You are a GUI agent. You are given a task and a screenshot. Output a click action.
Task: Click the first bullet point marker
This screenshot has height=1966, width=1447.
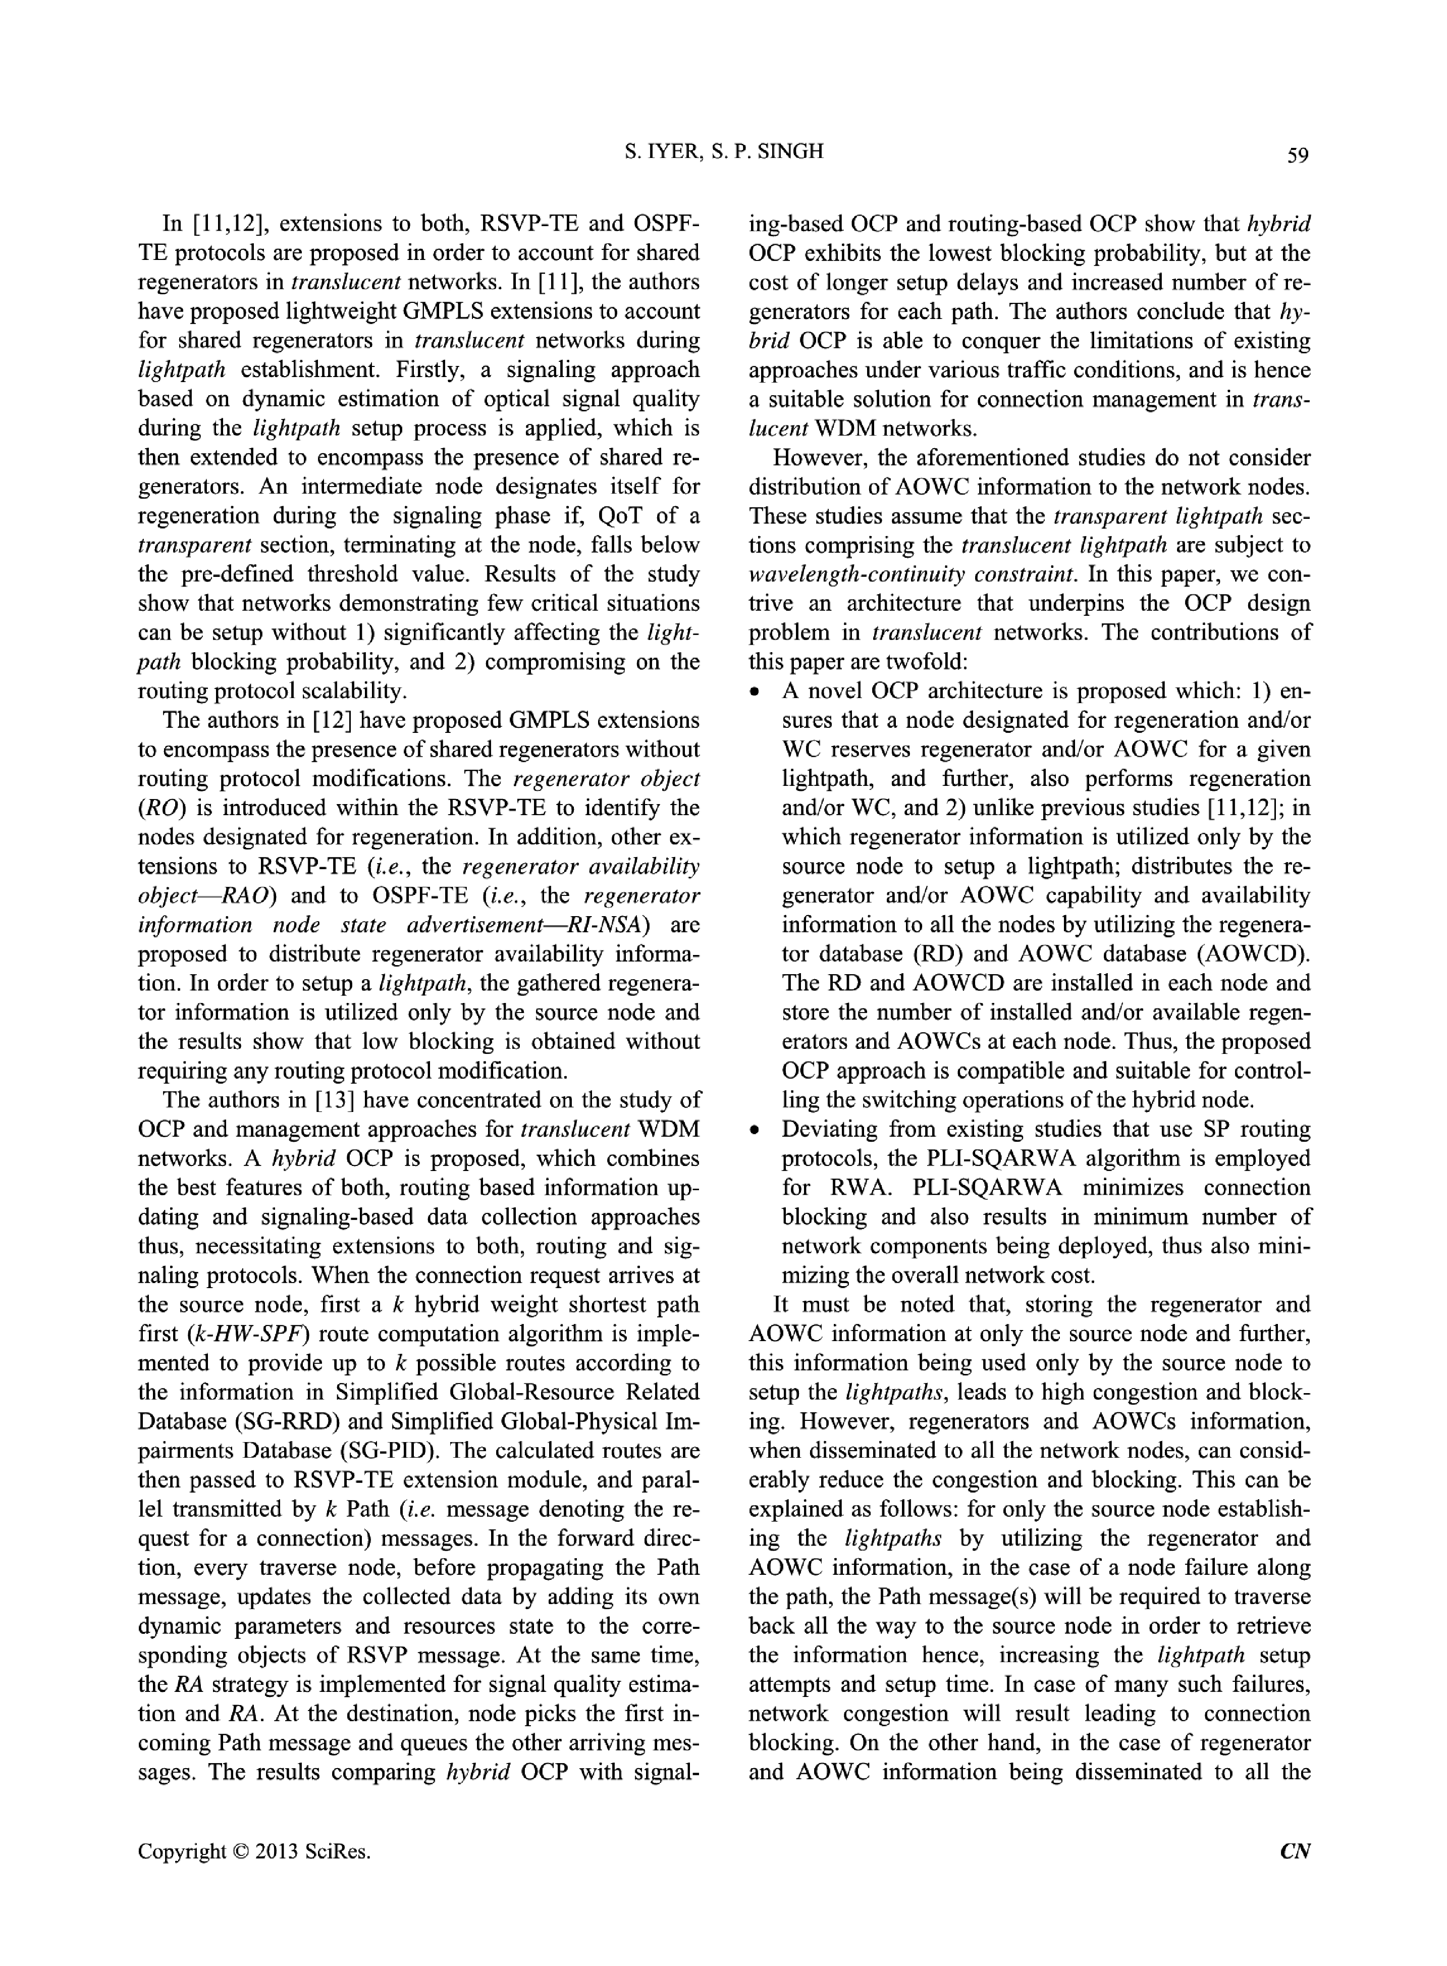pyautogui.click(x=755, y=693)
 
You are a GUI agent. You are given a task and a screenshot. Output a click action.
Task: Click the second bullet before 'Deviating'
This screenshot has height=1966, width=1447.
pyautogui.click(x=755, y=1131)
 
